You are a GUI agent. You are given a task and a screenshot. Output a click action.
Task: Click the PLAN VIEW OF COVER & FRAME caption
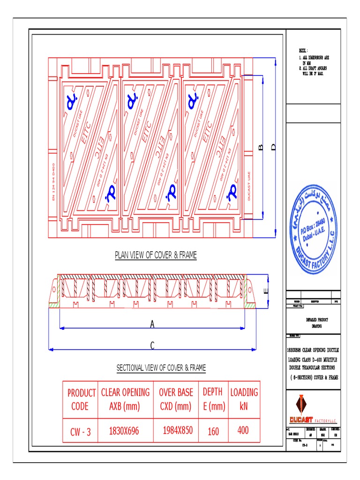(156, 255)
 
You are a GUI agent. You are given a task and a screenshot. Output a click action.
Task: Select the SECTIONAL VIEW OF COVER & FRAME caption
(161, 368)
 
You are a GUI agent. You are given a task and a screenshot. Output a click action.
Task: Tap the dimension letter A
(152, 323)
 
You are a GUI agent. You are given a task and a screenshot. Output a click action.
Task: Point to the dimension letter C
(152, 345)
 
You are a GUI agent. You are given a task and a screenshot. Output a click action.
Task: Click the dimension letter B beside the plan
(261, 148)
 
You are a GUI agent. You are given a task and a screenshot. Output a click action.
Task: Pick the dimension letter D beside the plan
(274, 148)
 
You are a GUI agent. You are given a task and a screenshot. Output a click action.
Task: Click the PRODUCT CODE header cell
(82, 399)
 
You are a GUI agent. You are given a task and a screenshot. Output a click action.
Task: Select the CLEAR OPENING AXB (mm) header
(125, 399)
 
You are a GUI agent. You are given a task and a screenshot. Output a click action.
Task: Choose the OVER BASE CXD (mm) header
(176, 399)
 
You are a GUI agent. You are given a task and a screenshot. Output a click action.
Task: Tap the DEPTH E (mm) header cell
(213, 399)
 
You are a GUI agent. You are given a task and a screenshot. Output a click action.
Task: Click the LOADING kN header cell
(244, 399)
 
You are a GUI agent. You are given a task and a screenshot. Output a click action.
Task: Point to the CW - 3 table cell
(81, 432)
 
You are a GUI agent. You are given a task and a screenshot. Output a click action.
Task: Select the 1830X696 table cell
(124, 431)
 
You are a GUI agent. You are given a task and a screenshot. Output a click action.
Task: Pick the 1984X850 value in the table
(178, 430)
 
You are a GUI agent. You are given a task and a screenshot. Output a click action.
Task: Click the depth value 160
(213, 431)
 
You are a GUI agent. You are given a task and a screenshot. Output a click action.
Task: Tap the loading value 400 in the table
(243, 430)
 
